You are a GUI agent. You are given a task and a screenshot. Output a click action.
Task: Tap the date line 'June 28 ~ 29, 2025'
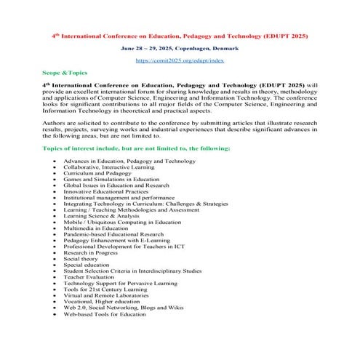pyautogui.click(x=180, y=48)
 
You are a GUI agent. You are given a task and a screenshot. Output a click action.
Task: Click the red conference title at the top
pyautogui.click(x=180, y=35)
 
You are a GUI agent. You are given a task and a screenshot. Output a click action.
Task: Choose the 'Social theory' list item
pyautogui.click(x=81, y=258)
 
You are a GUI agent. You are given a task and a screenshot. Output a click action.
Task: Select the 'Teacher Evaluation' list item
pyautogui.click(x=89, y=277)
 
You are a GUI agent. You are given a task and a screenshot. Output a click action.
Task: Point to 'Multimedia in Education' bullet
pyautogui.click(x=98, y=228)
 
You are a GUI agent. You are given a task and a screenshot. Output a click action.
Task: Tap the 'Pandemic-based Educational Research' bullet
pyautogui.click(x=114, y=234)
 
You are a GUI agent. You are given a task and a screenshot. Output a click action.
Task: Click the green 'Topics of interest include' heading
pyautogui.click(x=127, y=148)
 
